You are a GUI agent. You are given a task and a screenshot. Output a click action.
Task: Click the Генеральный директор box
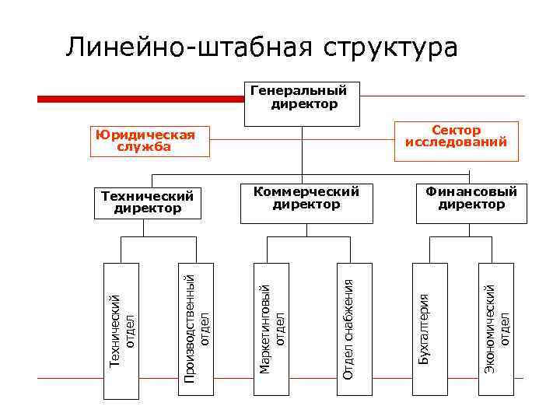pos(302,103)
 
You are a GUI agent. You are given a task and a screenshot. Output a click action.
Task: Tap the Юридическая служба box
pos(144,141)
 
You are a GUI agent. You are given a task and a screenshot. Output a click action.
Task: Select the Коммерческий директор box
pos(306,204)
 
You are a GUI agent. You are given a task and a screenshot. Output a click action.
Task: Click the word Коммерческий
pos(306,191)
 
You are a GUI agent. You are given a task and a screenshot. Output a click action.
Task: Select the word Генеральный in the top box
pos(299,90)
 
